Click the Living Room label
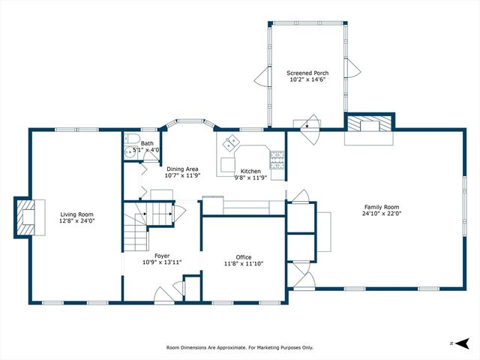point(76,214)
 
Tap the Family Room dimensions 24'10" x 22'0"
point(382,213)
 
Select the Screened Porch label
point(307,73)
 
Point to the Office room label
point(244,257)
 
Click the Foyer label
point(162,256)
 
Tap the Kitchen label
point(250,171)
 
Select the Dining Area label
point(182,169)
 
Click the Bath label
point(147,143)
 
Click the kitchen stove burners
point(277,160)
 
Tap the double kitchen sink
point(231,143)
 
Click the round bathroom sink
point(130,152)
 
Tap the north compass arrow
point(462,343)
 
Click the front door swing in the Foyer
point(164,295)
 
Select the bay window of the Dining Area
point(190,122)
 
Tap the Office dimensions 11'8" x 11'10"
point(244,263)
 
